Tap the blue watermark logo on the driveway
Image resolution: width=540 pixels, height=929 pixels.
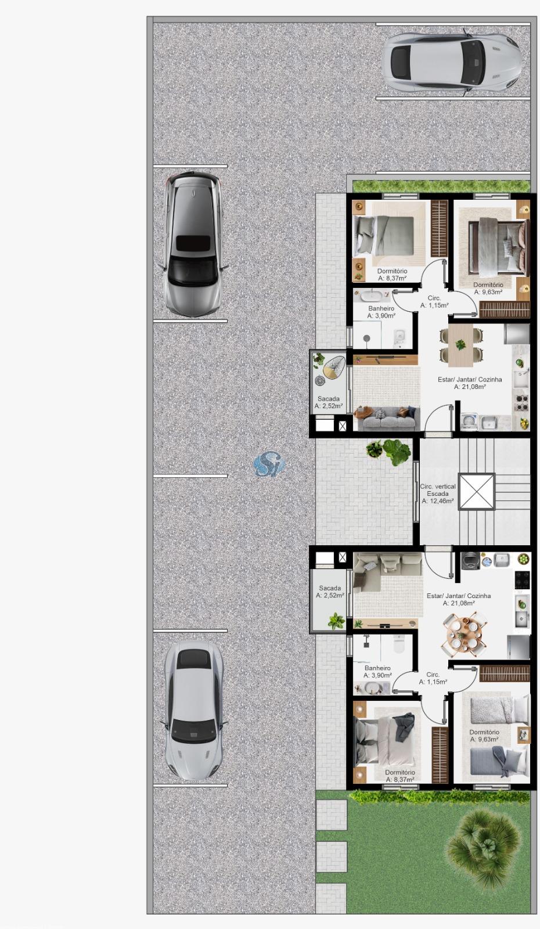(x=269, y=464)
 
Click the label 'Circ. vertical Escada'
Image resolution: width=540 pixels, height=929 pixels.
(x=438, y=490)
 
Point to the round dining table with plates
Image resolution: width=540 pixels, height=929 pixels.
(x=464, y=634)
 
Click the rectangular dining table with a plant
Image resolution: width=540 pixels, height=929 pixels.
(x=460, y=345)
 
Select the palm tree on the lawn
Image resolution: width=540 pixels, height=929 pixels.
(x=484, y=845)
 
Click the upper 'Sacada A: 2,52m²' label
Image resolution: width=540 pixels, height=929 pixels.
(x=329, y=402)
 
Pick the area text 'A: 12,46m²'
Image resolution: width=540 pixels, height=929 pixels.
(x=438, y=501)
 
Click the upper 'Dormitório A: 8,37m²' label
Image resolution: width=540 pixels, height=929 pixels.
(x=392, y=275)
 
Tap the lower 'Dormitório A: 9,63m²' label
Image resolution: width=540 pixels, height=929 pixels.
(x=484, y=736)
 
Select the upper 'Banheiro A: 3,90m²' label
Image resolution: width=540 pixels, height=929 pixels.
(x=381, y=312)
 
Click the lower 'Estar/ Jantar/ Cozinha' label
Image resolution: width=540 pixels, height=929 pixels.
(x=459, y=596)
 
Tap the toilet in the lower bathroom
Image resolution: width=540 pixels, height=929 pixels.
(x=398, y=644)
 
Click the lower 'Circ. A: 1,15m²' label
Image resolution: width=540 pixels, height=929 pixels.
(x=433, y=678)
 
